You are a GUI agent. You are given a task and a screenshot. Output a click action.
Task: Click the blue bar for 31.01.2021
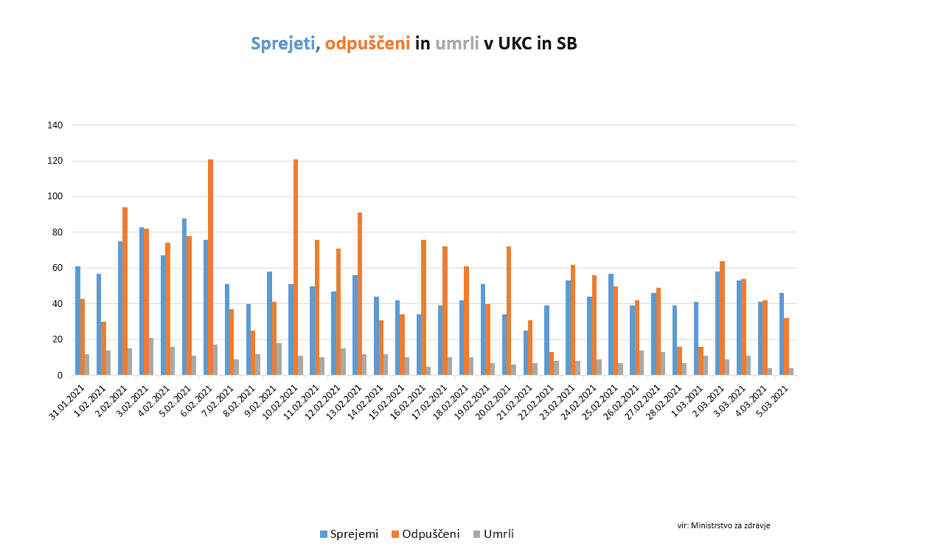(77, 321)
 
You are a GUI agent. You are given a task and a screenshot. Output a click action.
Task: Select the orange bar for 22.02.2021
(552, 364)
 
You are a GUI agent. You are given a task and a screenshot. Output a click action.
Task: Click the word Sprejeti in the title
(282, 44)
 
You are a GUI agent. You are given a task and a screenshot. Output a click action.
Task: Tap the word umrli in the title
(457, 44)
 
